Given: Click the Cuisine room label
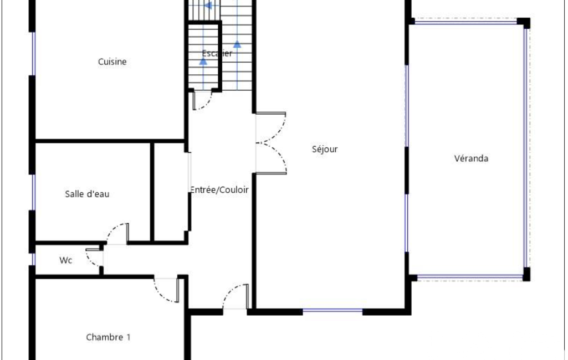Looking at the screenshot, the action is point(112,62).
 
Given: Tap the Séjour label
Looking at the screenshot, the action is point(325,149).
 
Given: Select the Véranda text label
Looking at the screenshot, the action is point(471,158).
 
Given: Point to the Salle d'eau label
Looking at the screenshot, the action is point(87,194).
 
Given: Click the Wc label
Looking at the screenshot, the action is point(65,260).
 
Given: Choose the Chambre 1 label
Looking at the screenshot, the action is point(108,337).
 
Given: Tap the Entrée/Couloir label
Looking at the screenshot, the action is point(219,190).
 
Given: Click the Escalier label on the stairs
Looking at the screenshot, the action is point(217,53).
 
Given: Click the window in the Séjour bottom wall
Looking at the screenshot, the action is point(332,311).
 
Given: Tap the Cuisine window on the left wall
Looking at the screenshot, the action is point(34,54).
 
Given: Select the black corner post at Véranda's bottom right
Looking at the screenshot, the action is point(526,274).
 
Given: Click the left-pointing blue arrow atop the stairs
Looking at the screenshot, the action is point(208,6).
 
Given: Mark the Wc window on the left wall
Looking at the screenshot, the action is point(34,259).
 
